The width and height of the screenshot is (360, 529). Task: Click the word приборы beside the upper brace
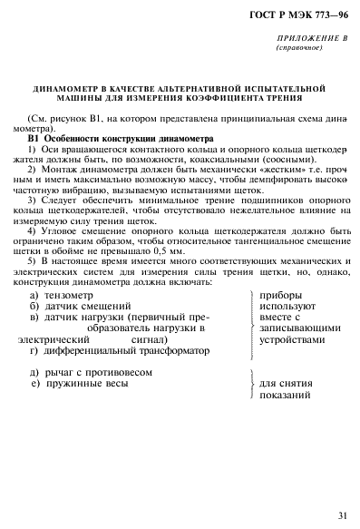tap(281, 296)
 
